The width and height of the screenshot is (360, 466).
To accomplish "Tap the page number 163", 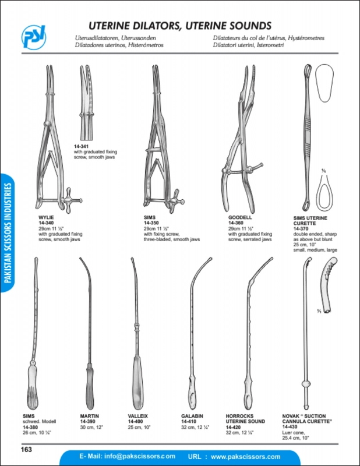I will point(26,449).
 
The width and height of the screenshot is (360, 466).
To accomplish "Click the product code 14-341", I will point(82,147).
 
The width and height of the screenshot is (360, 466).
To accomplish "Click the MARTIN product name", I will point(90,416).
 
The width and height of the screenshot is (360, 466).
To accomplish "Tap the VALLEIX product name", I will point(137,416).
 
